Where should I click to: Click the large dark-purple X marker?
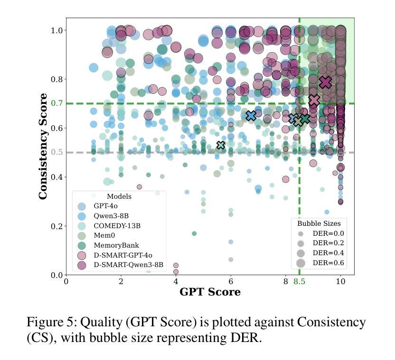(325, 83)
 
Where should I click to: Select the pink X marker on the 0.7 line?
(314, 101)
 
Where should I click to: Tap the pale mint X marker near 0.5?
(220, 145)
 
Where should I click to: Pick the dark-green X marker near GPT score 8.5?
(305, 119)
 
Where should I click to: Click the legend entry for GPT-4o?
(106, 206)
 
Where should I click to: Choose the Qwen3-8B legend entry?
(108, 216)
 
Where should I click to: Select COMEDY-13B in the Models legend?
(116, 226)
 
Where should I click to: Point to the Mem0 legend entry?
(104, 235)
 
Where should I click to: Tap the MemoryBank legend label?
(115, 245)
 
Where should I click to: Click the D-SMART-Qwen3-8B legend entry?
(128, 265)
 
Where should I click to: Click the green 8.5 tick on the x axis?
(299, 281)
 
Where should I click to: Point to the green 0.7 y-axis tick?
(56, 103)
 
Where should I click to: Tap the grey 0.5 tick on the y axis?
(56, 152)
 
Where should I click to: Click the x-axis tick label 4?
(176, 281)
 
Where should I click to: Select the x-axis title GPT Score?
(210, 292)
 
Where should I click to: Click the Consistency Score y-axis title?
(43, 146)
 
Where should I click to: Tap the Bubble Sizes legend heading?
(319, 223)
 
